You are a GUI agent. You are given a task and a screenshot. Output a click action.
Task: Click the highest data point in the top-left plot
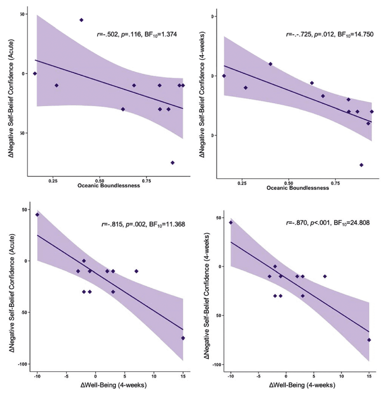coord(81,20)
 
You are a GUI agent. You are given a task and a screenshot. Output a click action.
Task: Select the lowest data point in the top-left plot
coord(172,163)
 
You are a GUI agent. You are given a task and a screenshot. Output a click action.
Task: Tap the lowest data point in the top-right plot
coord(361,165)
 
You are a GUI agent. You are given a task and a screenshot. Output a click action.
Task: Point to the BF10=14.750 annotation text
coord(355,34)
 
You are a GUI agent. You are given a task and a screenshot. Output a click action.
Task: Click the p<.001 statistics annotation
coord(320,223)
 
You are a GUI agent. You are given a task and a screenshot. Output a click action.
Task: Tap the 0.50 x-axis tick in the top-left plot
coord(99,181)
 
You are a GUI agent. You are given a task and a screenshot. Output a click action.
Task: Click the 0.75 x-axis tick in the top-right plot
coord(335,183)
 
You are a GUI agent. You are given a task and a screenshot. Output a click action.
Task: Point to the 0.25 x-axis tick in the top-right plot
coord(242,183)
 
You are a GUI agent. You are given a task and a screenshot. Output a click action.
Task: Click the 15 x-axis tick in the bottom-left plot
coord(183,376)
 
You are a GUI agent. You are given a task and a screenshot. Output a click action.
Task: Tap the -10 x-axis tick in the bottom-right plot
coord(230,376)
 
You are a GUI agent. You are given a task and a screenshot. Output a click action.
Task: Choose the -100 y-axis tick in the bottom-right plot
coord(216,364)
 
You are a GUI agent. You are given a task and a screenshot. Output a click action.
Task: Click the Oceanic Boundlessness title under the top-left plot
coord(109,186)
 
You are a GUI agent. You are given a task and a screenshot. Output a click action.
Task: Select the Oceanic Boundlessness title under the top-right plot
coord(298,188)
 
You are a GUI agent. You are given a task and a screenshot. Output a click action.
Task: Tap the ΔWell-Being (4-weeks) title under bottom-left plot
coord(114,385)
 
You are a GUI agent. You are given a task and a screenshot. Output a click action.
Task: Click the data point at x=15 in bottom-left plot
coord(183,338)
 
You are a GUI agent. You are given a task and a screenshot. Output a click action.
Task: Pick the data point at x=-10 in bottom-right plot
coord(231,223)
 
